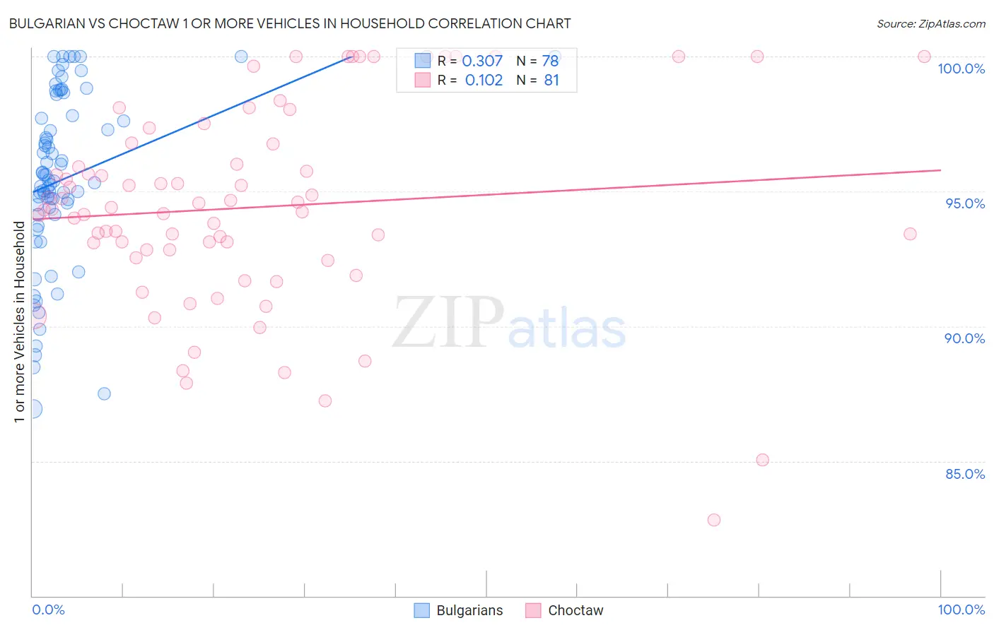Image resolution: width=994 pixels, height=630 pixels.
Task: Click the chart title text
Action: (x=290, y=23)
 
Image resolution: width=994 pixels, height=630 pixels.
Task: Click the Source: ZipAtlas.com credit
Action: (x=930, y=23)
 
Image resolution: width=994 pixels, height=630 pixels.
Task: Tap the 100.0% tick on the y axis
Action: (x=961, y=69)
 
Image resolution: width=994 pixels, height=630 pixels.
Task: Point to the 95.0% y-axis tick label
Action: (x=965, y=203)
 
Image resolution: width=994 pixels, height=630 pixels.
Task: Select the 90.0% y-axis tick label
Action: (x=964, y=338)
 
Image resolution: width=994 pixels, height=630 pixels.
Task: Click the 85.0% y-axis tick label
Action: (x=965, y=474)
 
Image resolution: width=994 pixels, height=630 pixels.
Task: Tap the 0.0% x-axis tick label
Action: (x=48, y=610)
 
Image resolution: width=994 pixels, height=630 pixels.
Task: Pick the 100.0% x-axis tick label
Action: (x=961, y=610)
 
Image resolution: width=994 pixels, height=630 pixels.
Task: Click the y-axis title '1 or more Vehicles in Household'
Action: (x=20, y=322)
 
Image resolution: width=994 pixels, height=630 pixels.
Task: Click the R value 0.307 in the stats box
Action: (x=482, y=61)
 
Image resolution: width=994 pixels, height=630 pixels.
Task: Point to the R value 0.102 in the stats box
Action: (x=484, y=80)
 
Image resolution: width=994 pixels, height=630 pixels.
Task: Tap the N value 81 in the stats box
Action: (x=551, y=80)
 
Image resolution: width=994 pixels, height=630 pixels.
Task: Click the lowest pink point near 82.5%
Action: (x=714, y=520)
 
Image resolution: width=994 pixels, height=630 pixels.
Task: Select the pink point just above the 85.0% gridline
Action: (x=762, y=460)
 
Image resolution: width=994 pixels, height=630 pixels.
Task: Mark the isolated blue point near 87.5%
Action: (x=104, y=393)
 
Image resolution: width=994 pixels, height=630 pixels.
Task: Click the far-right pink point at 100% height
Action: (x=924, y=57)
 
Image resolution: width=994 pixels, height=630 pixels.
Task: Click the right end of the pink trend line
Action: (x=940, y=170)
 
